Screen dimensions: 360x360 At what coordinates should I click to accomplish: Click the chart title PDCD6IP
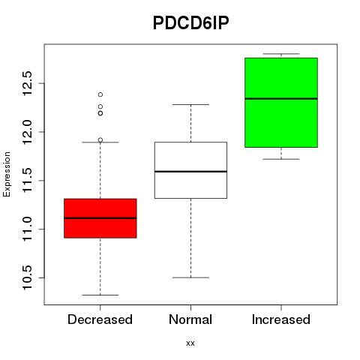(190, 23)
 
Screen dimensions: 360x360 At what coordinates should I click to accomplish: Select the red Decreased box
(100, 218)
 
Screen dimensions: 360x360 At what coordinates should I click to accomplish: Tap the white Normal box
(190, 170)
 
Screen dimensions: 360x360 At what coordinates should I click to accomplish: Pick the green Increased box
(281, 103)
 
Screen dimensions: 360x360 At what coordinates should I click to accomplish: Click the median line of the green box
(281, 99)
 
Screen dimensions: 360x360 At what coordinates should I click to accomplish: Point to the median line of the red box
(100, 218)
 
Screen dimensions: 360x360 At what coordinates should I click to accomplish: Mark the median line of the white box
(190, 172)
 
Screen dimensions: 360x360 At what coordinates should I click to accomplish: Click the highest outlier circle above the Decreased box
(100, 94)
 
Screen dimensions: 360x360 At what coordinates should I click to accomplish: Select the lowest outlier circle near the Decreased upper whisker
(100, 140)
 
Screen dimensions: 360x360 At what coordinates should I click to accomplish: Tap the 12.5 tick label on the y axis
(27, 83)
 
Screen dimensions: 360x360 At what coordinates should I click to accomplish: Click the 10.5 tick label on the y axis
(27, 277)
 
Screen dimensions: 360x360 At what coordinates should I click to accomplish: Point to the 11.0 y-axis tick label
(27, 229)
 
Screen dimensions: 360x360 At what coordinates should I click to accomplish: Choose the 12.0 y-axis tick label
(27, 132)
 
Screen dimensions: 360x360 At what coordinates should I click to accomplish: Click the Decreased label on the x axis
(100, 319)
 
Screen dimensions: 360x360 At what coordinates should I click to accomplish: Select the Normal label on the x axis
(190, 319)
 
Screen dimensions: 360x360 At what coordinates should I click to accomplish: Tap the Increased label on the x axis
(281, 319)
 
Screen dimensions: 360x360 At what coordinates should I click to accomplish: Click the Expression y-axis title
(7, 174)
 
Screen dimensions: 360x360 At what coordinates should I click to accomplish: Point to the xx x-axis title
(190, 343)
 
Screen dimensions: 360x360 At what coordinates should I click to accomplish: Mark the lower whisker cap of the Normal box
(190, 277)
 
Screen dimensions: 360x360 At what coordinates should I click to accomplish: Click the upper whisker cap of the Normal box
(190, 104)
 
